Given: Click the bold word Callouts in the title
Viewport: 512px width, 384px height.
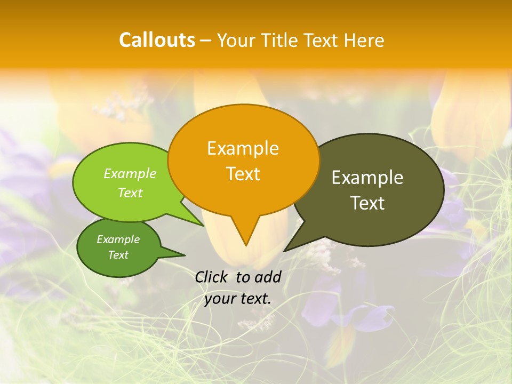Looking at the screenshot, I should click(157, 40).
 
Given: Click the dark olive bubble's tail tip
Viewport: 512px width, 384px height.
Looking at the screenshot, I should click(285, 251).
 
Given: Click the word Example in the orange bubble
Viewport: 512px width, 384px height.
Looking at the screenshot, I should click(243, 148).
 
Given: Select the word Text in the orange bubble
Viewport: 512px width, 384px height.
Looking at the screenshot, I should click(243, 174).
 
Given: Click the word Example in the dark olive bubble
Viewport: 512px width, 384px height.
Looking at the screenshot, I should click(367, 178).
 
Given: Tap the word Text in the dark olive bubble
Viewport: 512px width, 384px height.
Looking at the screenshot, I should click(367, 203).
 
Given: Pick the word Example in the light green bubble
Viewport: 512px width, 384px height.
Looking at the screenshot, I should click(130, 174).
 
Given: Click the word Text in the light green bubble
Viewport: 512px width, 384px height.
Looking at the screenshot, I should click(130, 193).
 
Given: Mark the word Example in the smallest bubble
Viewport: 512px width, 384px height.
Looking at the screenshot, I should click(118, 239).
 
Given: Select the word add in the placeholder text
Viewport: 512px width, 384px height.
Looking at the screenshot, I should click(268, 277).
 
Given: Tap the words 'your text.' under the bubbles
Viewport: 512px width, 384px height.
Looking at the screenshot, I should click(238, 299).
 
